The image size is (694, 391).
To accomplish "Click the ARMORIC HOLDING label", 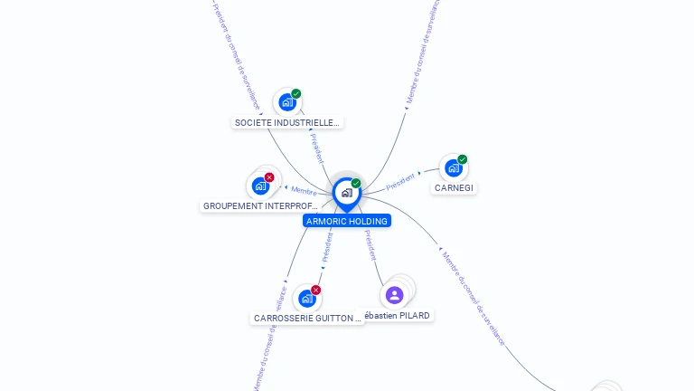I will pos(347,221).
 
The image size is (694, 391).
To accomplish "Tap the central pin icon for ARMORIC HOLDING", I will pos(346,192).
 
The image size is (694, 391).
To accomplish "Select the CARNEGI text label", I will pos(454,188).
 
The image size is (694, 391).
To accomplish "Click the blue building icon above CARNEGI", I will pos(453,168).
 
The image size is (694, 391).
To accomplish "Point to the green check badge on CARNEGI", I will pos(463,159).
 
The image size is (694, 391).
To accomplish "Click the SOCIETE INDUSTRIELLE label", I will pos(287,122).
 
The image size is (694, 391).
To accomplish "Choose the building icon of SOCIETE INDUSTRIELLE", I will pos(286,102).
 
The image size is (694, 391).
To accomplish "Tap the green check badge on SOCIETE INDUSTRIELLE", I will pos(296,94).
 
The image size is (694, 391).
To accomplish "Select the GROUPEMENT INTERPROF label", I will pos(260,206).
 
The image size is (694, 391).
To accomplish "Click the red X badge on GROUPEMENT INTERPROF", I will pos(269,177).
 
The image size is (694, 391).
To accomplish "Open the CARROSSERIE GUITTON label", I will pos(307,319).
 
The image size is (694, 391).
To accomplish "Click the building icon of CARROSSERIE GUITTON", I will pos(306,299).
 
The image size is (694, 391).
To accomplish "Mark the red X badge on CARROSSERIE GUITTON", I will pos(316,290).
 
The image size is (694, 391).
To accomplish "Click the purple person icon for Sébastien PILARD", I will pos(394,295).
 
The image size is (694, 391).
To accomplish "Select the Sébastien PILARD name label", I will pos(398,315).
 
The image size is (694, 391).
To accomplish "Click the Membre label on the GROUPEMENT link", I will pos(304,190).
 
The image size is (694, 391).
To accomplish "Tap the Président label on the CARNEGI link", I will pos(400,181).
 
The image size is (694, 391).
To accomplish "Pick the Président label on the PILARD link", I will pos(370,244).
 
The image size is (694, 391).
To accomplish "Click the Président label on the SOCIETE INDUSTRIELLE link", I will pos(316,148).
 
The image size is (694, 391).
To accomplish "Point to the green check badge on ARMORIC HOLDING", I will pos(356,183).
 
